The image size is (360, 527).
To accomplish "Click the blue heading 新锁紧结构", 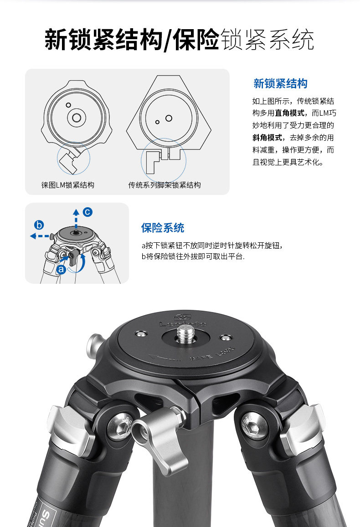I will pyautogui.click(x=280, y=84).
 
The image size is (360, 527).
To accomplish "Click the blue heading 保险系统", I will pyautogui.click(x=163, y=228).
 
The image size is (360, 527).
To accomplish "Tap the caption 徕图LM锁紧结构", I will pyautogui.click(x=68, y=185).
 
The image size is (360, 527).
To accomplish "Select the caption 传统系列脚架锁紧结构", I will pyautogui.click(x=165, y=185).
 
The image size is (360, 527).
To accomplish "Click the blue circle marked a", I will pyautogui.click(x=61, y=269).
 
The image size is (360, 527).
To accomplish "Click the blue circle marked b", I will pyautogui.click(x=39, y=225).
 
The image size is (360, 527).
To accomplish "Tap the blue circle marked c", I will pyautogui.click(x=87, y=211).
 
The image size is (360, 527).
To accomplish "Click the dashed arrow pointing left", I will pyautogui.click(x=40, y=235).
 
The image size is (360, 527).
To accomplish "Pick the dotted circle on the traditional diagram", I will pyautogui.click(x=163, y=160).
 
